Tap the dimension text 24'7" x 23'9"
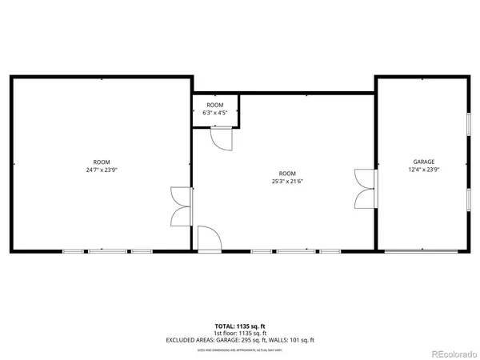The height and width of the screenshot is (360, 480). coord(102,170)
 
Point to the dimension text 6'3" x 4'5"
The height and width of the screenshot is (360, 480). coord(215,113)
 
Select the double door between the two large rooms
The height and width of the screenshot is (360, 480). coord(182,207)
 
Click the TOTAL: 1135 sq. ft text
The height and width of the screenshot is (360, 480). coord(240,326)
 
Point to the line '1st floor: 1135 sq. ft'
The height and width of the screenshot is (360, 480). coord(240,333)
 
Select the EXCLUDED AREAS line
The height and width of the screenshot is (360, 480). coord(240,340)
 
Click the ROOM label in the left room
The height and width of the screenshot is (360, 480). coord(102,162)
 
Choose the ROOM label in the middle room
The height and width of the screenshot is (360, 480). coord(286,174)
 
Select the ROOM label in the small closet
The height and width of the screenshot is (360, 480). coord(215,106)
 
